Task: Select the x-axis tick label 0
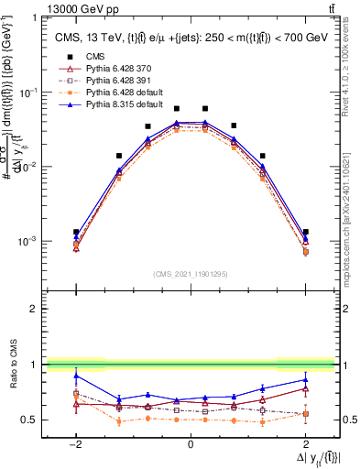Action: coord(191,443)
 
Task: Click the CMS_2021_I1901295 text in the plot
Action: coord(190,274)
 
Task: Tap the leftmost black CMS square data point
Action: coord(76,232)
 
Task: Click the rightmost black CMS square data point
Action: coord(305,232)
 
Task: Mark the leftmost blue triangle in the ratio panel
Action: coord(76,376)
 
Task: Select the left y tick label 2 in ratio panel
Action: coord(34,310)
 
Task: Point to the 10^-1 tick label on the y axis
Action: coord(27,93)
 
